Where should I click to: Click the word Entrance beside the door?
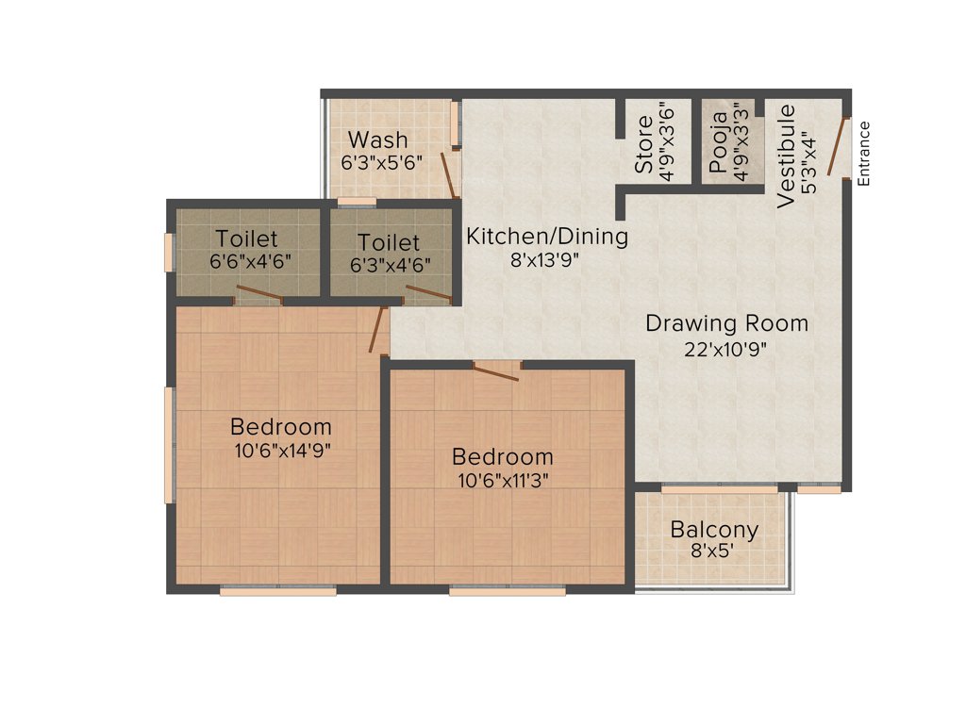point(864,153)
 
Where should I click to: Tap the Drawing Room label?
point(726,323)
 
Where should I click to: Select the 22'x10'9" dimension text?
point(726,350)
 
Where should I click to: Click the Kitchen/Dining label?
point(547,236)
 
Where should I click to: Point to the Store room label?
point(644,144)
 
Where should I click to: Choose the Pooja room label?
point(719,144)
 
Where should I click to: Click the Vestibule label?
point(787,156)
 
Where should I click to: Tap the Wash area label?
point(377,140)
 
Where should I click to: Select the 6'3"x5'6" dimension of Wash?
point(381,161)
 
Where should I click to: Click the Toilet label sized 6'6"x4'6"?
point(246,239)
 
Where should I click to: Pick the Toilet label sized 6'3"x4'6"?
point(389,242)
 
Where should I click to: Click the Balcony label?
point(714,530)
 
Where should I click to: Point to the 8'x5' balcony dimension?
point(714,551)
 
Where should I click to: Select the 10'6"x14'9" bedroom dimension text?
point(281,450)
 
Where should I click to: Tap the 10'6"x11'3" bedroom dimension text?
point(502,480)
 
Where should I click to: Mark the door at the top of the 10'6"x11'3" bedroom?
point(496,371)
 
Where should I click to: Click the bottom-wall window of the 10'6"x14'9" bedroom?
point(278,591)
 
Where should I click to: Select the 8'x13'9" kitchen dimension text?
point(544,260)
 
